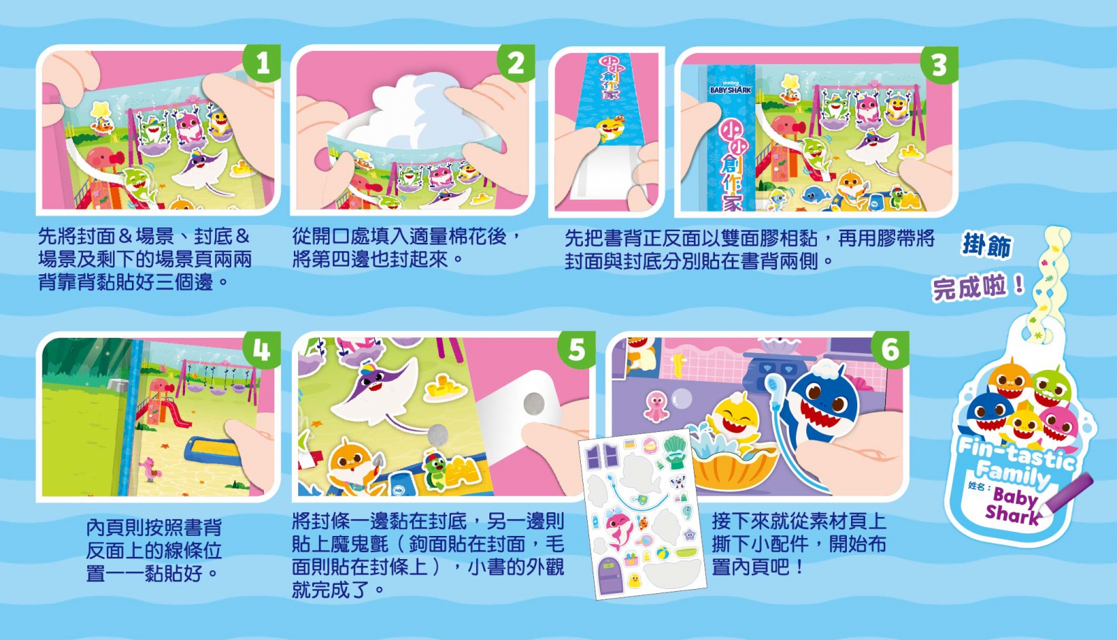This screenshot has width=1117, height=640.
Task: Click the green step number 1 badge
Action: click(x=262, y=63)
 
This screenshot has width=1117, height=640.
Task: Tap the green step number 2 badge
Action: click(x=517, y=63)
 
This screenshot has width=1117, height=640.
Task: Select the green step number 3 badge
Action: click(x=940, y=65)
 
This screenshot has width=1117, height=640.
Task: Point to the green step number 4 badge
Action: click(x=262, y=350)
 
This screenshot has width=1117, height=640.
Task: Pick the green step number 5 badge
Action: click(x=577, y=350)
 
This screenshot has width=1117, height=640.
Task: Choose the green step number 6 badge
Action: click(x=891, y=350)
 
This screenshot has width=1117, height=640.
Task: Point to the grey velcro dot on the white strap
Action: click(x=534, y=403)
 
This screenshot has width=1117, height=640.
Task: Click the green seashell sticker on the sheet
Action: click(x=676, y=452)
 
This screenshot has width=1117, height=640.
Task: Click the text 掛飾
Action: click(x=986, y=246)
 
